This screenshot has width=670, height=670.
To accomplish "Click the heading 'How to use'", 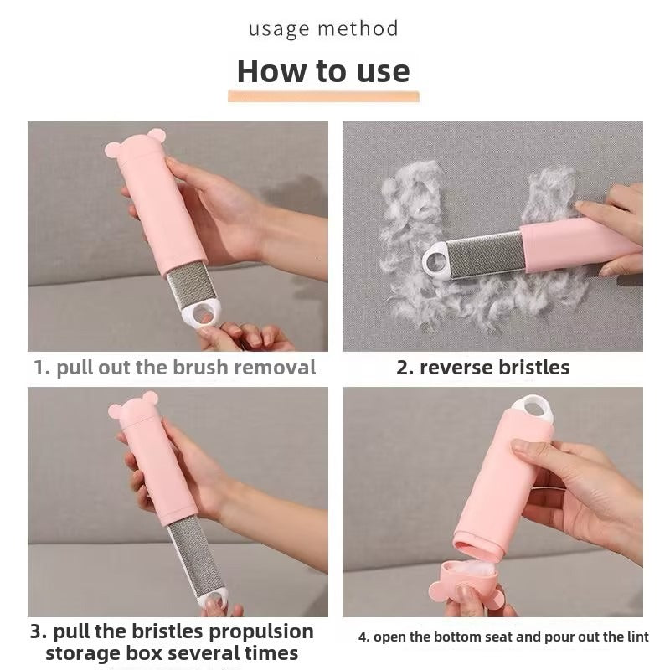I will [323, 71].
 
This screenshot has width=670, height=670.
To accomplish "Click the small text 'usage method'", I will [323, 29].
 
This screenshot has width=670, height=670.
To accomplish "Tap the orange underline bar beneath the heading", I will [323, 97].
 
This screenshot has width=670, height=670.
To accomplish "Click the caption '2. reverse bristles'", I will [483, 367].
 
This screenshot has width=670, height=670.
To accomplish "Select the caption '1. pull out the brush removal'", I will [175, 367].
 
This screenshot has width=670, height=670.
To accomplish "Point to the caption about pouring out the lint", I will [503, 637].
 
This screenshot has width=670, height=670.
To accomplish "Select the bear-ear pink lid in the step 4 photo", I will [467, 591].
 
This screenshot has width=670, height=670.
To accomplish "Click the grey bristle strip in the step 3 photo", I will [197, 555].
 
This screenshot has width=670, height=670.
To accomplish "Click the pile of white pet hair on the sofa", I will [410, 209].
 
